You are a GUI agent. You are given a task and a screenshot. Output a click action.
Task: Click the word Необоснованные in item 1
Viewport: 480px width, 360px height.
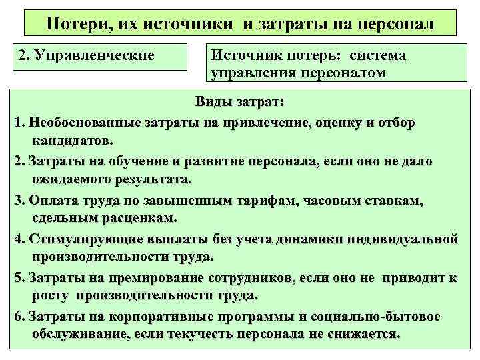[79, 123]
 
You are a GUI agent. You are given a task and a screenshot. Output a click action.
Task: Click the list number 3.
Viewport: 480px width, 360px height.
[18, 200]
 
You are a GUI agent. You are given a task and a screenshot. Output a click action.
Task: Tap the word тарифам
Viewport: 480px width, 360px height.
[293, 200]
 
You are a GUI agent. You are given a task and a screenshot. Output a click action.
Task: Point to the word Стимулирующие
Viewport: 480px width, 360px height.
[81, 239]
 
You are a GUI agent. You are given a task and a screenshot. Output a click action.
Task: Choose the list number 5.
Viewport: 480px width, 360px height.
[18, 277]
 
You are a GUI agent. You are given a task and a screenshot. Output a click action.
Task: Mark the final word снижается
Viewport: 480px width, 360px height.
[363, 334]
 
